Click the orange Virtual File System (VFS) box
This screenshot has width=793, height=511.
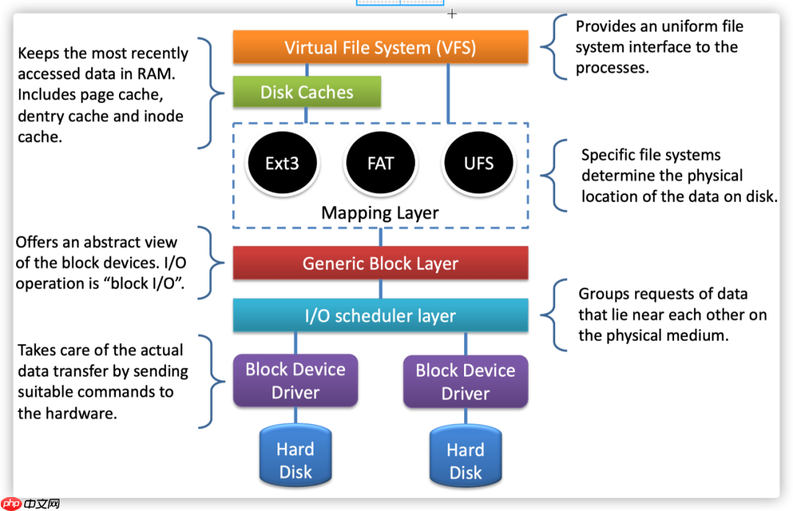(x=380, y=48)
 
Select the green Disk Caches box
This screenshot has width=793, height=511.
(x=307, y=93)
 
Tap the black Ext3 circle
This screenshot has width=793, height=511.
(x=283, y=162)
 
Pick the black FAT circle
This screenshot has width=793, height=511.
(x=380, y=162)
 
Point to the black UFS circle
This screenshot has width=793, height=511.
(x=479, y=162)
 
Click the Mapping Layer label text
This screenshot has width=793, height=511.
(x=380, y=213)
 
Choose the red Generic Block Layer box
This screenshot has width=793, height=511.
(x=380, y=263)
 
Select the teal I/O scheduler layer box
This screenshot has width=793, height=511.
(x=380, y=316)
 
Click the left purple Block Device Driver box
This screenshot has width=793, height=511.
(x=295, y=380)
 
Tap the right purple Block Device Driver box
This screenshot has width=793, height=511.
(x=466, y=381)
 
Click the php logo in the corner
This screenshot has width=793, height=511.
(x=12, y=504)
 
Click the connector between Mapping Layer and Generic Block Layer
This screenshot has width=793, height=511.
(x=380, y=236)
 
